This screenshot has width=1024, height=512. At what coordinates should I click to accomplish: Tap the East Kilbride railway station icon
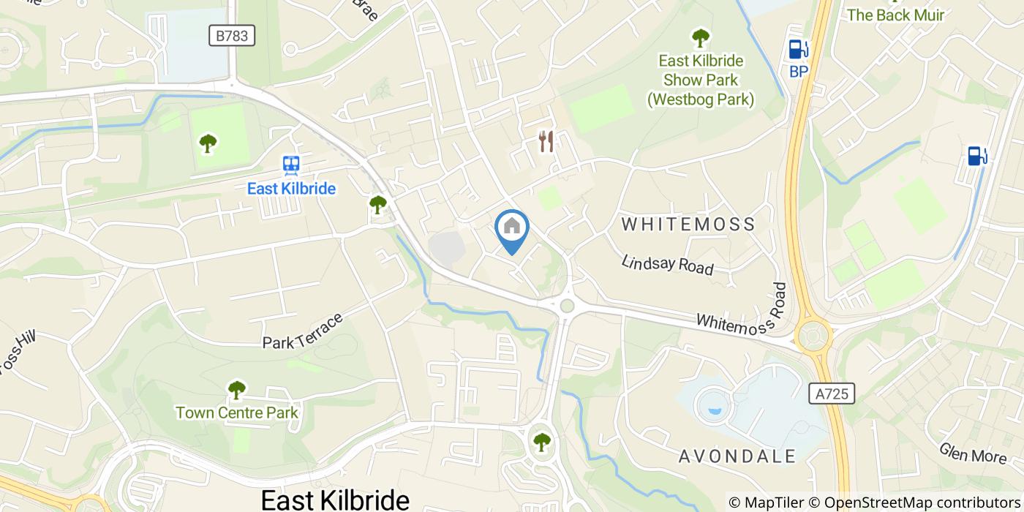pyautogui.click(x=291, y=165)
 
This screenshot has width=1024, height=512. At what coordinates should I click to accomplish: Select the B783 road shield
pyautogui.click(x=231, y=36)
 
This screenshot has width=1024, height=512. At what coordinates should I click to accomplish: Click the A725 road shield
pyautogui.click(x=832, y=394)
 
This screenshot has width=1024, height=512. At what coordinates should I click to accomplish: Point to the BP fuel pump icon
pyautogui.click(x=797, y=49)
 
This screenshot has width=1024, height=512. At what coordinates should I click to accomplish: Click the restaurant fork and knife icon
pyautogui.click(x=546, y=141)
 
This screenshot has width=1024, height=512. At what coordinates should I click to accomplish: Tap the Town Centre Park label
pyautogui.click(x=236, y=413)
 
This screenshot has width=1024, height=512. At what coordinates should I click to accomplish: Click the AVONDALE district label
pyautogui.click(x=737, y=456)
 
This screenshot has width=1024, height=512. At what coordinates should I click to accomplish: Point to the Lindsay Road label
pyautogui.click(x=667, y=265)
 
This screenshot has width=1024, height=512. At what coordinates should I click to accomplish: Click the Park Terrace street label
pyautogui.click(x=303, y=331)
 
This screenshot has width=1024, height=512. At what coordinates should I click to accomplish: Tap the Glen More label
pyautogui.click(x=973, y=453)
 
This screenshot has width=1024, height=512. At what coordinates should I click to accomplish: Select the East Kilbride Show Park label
pyautogui.click(x=700, y=80)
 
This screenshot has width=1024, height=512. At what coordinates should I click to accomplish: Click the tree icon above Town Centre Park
pyautogui.click(x=236, y=390)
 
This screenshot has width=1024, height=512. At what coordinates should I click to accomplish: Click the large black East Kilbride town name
pyautogui.click(x=335, y=500)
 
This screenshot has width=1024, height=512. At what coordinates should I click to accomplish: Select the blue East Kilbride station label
pyautogui.click(x=291, y=189)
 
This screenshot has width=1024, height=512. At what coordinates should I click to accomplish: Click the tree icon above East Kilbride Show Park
pyautogui.click(x=700, y=37)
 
